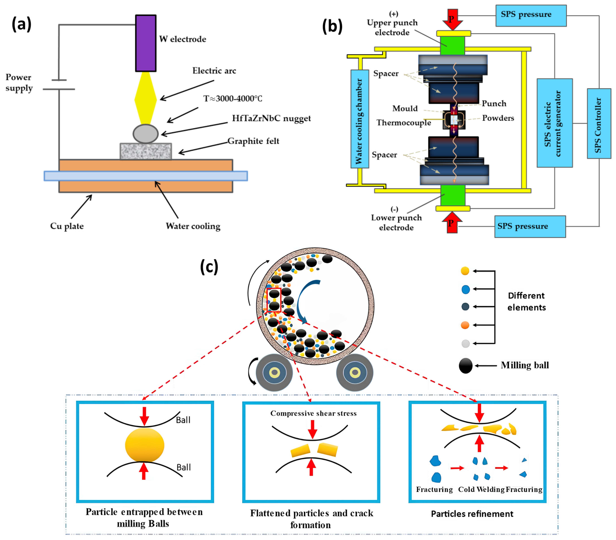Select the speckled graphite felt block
146,151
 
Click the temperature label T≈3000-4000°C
233,99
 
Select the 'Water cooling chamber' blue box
360,119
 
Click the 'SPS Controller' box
599,124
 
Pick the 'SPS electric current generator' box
555,123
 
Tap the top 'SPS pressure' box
531,15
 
